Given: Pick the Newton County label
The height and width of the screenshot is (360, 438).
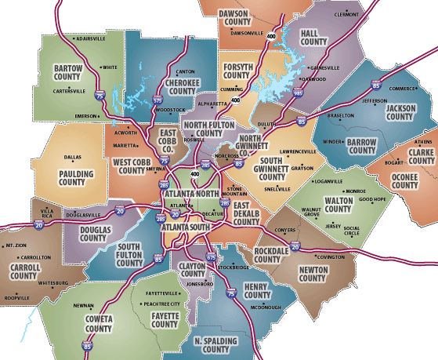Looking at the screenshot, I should [313, 273].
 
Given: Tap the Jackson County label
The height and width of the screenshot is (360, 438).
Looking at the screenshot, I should [400, 112].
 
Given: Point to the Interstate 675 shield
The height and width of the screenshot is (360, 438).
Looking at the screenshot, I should [210, 256].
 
